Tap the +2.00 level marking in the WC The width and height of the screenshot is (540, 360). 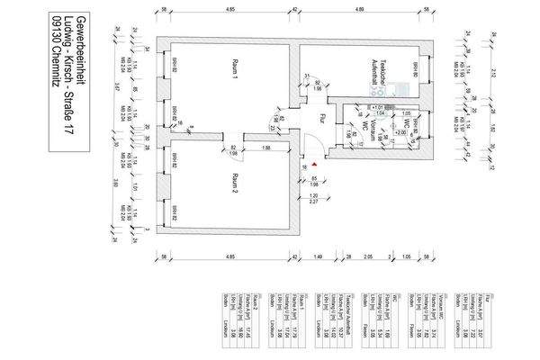tap(401, 131)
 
